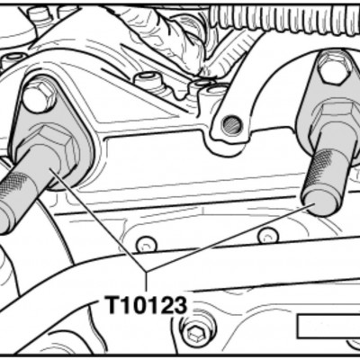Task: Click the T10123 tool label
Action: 147,305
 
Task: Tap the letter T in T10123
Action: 113,305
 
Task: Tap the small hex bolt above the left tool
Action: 39,96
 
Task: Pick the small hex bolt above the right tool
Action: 334,68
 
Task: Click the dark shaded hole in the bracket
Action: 231,125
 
